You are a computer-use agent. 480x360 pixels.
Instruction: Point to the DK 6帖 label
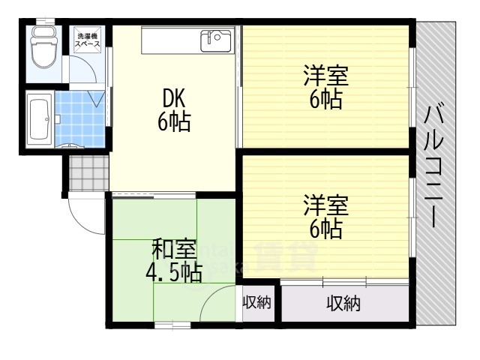173,109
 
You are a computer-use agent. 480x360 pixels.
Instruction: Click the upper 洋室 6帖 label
325,88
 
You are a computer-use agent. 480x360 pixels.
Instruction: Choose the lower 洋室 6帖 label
325,215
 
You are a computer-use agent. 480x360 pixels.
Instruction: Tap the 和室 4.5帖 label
173,259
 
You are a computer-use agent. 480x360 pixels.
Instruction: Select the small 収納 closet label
256,303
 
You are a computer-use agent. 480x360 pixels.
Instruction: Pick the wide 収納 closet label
343,303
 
